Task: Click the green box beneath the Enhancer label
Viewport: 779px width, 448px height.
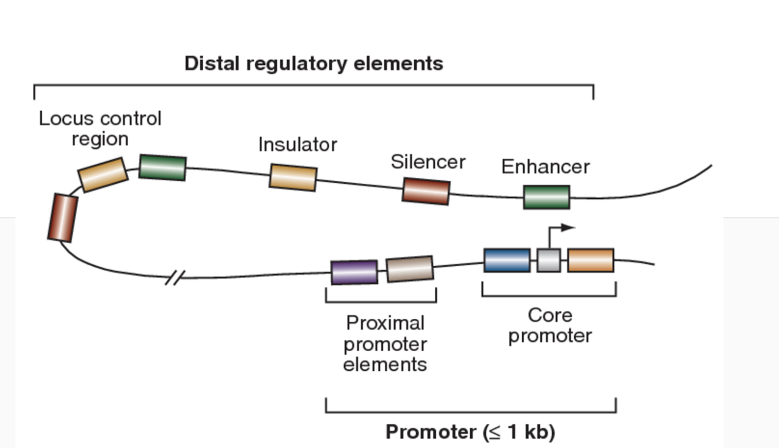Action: pos(546,197)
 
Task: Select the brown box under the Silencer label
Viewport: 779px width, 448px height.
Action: pos(426,191)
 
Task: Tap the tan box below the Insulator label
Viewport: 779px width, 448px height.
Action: pos(293,177)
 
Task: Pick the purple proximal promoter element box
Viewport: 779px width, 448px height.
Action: pos(354,272)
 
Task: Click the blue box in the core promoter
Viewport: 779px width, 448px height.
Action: pos(507,261)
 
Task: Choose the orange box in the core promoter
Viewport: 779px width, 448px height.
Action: pos(591,261)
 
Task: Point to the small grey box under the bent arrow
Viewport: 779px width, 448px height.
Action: pos(548,261)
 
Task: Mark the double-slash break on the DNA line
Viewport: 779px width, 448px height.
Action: pos(174,278)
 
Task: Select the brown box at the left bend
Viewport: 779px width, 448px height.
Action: pos(63,217)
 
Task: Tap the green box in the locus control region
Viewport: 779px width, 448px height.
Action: pos(163,167)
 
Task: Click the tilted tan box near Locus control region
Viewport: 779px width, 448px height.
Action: pos(103,175)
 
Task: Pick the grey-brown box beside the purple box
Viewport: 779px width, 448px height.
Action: pos(410,269)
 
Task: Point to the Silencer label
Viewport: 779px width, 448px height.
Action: pos(428,162)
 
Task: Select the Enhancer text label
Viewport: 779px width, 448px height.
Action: pos(545,166)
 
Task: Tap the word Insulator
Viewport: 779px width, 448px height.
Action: pos(297,145)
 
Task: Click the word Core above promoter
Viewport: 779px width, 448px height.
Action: pos(550,315)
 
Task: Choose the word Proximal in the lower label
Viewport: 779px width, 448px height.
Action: pos(385,323)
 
